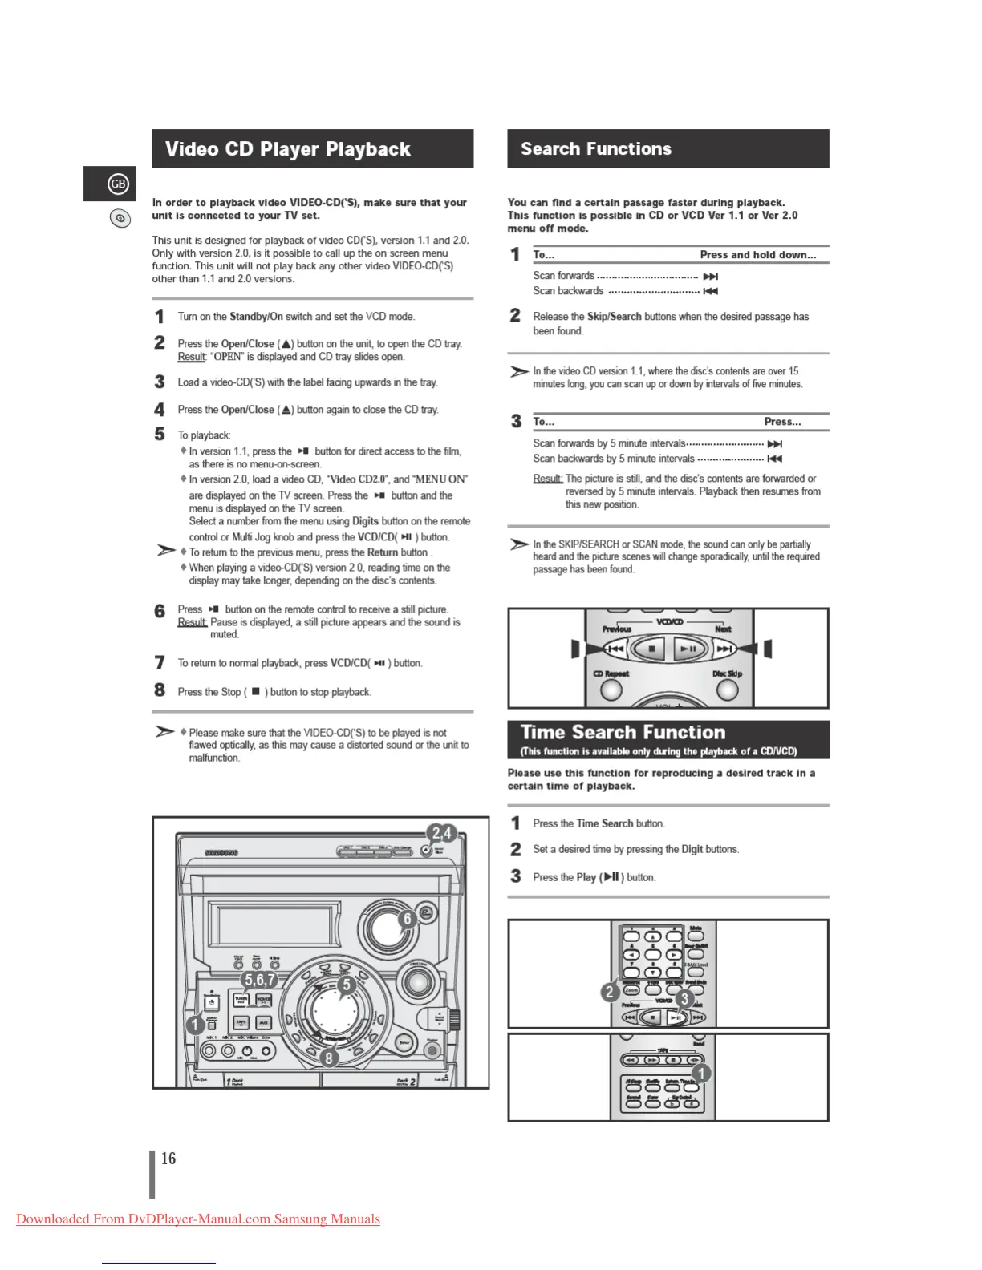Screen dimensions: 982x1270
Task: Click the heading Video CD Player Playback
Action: [287, 149]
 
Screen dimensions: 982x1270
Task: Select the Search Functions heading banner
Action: [595, 149]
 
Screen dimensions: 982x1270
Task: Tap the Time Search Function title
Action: [623, 732]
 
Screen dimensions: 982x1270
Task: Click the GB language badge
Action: [118, 184]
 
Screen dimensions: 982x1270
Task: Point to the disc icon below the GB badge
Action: [120, 218]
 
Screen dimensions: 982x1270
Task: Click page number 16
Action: [168, 1159]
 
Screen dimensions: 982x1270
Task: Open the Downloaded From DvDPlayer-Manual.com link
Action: [198, 1219]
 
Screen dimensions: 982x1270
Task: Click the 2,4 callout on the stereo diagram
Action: [441, 833]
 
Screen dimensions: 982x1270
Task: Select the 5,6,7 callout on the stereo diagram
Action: [260, 980]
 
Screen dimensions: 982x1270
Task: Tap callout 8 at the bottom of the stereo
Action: [327, 1058]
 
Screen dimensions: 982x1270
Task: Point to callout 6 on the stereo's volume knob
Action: [407, 919]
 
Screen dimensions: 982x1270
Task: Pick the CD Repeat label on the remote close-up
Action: [611, 673]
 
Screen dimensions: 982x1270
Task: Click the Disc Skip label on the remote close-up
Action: [727, 673]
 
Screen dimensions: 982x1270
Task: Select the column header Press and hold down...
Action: [757, 255]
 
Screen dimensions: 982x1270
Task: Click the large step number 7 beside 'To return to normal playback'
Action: [160, 663]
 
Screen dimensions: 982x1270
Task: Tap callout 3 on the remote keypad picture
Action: [684, 998]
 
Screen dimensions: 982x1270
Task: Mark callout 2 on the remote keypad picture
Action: [610, 992]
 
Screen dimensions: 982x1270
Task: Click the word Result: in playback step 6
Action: [192, 622]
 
